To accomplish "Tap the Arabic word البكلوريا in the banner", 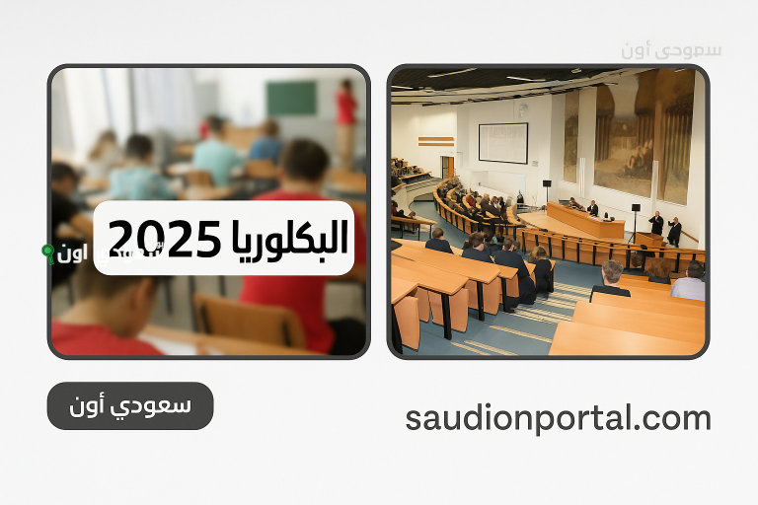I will [286, 238].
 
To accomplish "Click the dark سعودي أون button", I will [130, 405].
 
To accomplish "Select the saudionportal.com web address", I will [558, 418].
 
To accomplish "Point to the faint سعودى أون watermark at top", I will [671, 49].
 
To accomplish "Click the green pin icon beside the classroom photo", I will [47, 253].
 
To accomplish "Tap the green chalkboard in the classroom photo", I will [290, 98].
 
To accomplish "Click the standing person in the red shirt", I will [345, 113].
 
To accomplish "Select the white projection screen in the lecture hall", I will [502, 143].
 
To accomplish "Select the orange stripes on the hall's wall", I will [435, 141].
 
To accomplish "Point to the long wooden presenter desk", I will [585, 221].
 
